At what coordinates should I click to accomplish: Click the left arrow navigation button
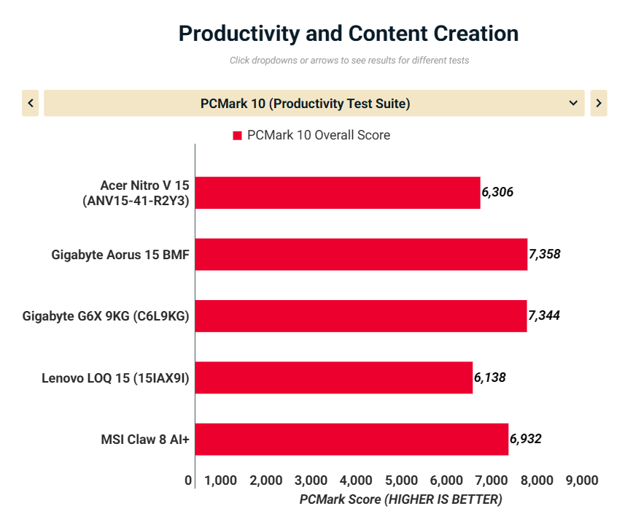point(31,104)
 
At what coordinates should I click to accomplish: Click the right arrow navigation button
point(598,104)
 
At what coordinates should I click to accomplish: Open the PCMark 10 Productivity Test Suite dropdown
point(314,104)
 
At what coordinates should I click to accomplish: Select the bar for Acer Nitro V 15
point(338,193)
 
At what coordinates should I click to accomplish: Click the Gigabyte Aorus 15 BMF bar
point(361,254)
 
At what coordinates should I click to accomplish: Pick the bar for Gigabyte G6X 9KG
point(361,315)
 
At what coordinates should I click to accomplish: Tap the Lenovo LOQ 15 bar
point(334,377)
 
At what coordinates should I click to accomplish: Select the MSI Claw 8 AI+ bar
point(352,439)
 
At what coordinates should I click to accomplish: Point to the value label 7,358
point(545,254)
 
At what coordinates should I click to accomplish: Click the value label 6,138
point(490,377)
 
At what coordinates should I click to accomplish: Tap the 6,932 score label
point(526,439)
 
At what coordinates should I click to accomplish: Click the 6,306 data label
point(498,193)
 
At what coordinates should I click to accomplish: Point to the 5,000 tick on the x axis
point(402,480)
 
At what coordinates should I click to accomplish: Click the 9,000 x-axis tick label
point(582,480)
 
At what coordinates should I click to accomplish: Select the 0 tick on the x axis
point(189,480)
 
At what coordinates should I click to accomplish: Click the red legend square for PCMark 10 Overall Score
point(237,136)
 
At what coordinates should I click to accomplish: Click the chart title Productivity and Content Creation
point(349,34)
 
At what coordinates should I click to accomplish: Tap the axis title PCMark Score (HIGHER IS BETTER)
point(400,499)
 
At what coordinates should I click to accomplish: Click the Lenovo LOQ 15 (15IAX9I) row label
point(115,377)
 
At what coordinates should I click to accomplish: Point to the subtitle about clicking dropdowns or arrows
point(349,61)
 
